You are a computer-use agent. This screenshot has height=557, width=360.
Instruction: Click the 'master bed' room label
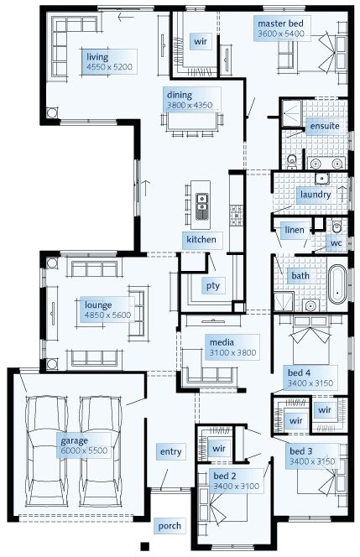point(280,23)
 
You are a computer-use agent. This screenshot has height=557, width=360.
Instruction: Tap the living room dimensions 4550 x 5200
point(109,67)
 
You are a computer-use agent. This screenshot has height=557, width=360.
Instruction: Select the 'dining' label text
point(179,95)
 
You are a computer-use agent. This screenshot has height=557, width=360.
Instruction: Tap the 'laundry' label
point(316,195)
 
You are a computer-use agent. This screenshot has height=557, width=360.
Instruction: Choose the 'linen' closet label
point(295,230)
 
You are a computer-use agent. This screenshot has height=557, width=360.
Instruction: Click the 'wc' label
point(336,243)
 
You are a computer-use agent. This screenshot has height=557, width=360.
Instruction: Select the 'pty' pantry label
point(213,286)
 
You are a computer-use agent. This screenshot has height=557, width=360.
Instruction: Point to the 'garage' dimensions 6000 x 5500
point(84,450)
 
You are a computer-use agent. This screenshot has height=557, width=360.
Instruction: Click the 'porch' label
point(170,526)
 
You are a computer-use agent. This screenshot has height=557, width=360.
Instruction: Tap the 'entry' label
point(170,452)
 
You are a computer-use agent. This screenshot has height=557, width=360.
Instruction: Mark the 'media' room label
point(222,342)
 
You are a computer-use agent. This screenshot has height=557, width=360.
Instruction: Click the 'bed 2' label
point(225,476)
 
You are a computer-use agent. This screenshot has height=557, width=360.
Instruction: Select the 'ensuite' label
point(325,126)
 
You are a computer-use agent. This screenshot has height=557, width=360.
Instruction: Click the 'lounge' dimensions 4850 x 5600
point(107,315)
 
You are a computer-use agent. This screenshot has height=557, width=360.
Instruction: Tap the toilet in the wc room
point(337,226)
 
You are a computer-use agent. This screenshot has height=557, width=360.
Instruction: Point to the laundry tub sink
point(322,179)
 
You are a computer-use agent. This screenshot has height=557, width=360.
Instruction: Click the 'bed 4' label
point(299,373)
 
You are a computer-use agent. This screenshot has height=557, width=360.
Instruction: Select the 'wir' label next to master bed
point(201,42)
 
